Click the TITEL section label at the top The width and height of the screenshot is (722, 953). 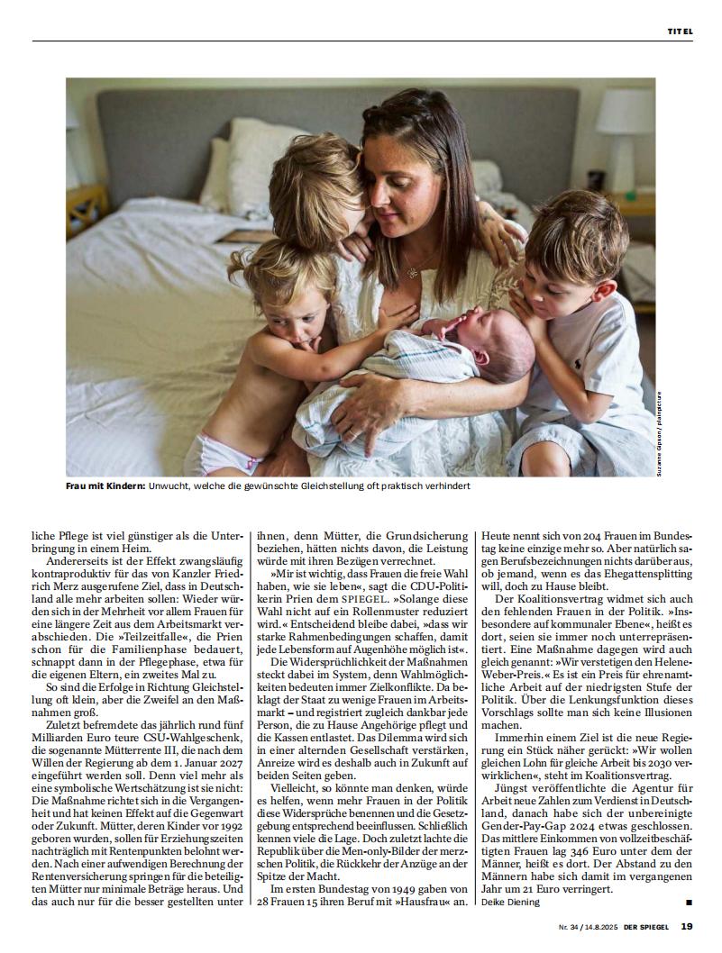tap(680, 32)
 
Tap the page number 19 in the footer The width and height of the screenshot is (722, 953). tap(686, 925)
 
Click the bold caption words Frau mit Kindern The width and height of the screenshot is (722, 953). tap(105, 486)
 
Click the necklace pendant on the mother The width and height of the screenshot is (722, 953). tap(410, 272)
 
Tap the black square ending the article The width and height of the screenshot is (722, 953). tap(689, 901)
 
